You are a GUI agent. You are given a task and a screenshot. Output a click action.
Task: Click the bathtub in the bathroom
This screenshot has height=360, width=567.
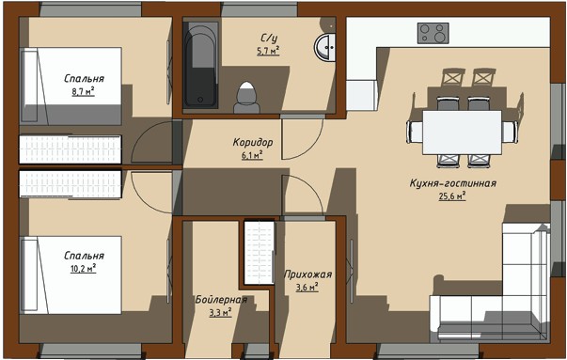(200, 65)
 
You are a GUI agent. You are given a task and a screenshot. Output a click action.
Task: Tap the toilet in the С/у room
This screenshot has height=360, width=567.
(246, 97)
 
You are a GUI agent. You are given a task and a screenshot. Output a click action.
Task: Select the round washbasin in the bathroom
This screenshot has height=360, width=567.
(325, 47)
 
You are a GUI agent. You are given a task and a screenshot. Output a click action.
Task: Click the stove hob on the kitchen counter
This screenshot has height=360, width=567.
(433, 33)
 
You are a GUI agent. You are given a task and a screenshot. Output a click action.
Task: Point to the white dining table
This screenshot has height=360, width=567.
(462, 133)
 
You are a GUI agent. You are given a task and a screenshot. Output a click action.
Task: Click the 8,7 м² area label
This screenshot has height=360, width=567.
(83, 91)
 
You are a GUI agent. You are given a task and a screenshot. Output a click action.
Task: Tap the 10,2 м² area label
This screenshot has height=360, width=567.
(83, 268)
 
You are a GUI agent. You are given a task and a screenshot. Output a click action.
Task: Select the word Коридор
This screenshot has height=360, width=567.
(253, 143)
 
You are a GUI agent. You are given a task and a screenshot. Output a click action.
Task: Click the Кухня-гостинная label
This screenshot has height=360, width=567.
(452, 183)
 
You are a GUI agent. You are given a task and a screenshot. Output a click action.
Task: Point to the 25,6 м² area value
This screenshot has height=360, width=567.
(452, 196)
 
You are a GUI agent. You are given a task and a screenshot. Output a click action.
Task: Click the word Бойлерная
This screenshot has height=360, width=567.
(221, 299)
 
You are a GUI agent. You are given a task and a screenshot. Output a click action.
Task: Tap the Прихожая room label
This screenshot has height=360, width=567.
(307, 274)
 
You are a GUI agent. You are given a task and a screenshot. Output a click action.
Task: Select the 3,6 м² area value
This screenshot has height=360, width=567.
(307, 288)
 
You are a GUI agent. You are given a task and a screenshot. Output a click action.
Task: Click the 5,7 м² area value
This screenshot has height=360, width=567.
(268, 51)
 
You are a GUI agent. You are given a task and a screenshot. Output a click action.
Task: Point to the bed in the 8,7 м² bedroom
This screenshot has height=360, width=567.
(71, 86)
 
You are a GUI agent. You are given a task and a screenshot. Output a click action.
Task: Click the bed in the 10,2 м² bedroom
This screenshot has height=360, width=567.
(71, 275)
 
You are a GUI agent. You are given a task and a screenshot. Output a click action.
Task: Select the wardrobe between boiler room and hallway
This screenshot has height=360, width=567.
(259, 253)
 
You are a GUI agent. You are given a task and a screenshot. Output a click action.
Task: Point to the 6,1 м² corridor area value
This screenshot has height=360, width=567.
(252, 155)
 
